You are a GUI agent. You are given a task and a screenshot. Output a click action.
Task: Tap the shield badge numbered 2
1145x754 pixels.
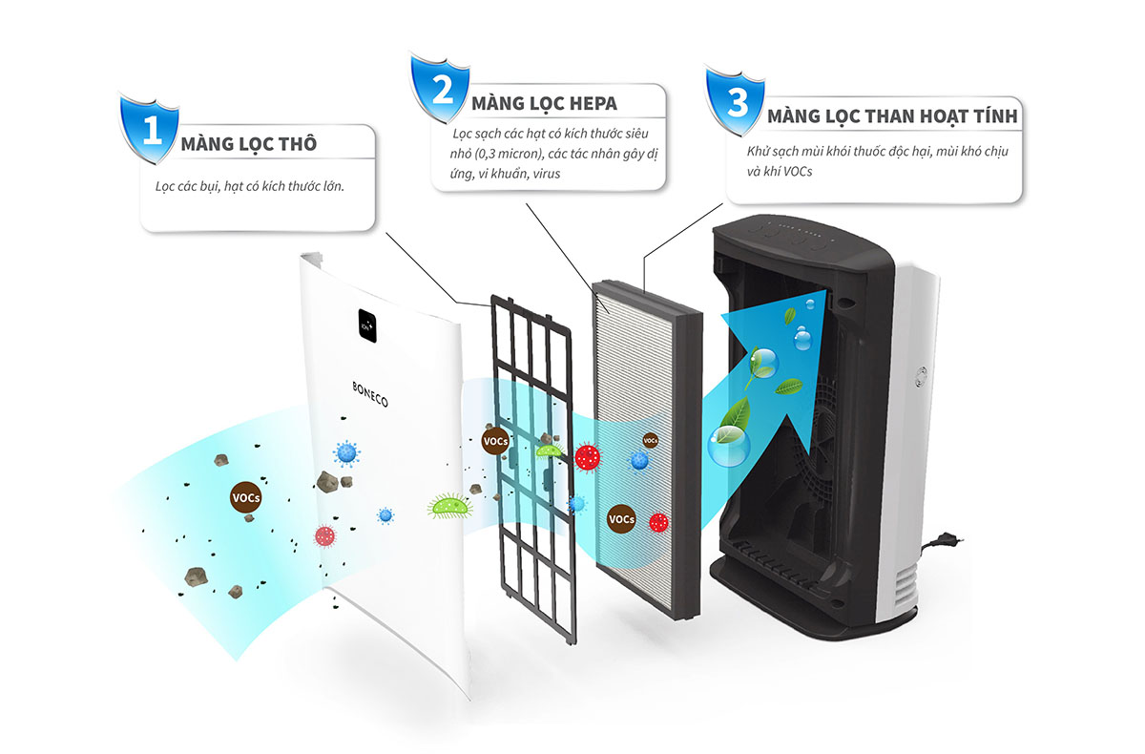442,88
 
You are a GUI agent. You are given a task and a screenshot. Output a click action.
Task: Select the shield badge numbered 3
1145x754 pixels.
737,102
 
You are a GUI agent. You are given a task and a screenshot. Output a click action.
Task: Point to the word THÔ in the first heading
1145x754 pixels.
295,145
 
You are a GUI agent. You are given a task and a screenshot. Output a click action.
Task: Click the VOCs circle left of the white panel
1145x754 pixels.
246,497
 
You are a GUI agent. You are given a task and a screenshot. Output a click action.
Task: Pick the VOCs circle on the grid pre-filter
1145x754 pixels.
495,442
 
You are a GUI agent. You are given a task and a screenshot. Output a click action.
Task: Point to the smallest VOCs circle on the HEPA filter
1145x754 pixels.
650,440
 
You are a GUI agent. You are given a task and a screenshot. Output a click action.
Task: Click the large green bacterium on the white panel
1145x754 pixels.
449,506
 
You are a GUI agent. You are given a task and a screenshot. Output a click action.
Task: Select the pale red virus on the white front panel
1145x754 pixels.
325,535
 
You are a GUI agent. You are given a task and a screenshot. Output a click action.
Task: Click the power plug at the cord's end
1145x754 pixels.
953,539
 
